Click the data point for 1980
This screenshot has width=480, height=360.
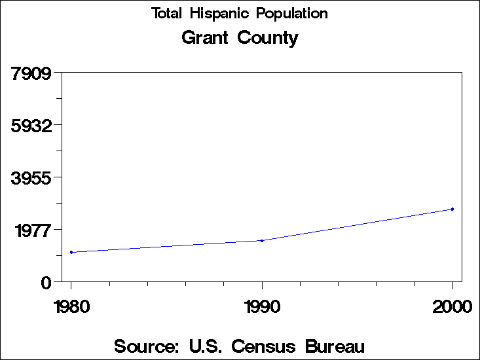pyautogui.click(x=71, y=252)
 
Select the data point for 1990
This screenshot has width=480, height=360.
pyautogui.click(x=262, y=241)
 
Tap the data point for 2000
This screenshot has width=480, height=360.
pyautogui.click(x=452, y=209)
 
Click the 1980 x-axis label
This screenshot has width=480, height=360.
pyautogui.click(x=71, y=307)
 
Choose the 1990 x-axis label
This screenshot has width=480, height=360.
pyautogui.click(x=262, y=307)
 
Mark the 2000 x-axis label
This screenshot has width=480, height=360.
pyautogui.click(x=452, y=307)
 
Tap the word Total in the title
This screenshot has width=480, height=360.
pyautogui.click(x=168, y=14)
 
